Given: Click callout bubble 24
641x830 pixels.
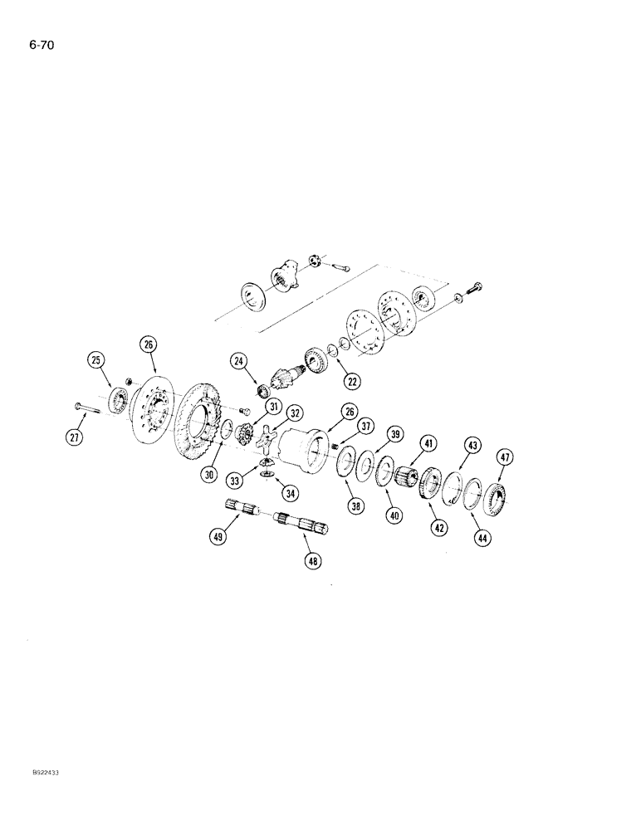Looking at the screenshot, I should coord(239,361).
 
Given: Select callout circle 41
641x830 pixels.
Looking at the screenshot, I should coord(427,445).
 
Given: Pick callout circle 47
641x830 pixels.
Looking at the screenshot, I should coord(504,457).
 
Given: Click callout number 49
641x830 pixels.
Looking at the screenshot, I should coord(219,537).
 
